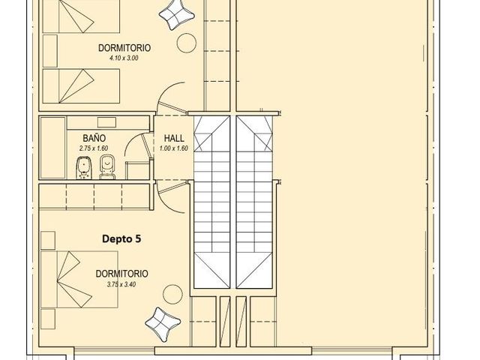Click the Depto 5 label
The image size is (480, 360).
coord(121,238)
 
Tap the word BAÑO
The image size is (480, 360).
coord(94,138)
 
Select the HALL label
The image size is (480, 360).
coord(174,138)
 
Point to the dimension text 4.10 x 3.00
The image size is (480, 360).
coord(124,58)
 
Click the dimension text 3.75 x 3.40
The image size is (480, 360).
coord(121,284)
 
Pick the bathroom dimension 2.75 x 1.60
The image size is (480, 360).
coord(94,148)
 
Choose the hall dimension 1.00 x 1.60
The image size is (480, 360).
coord(173,148)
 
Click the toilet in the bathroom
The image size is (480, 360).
coord(107,167)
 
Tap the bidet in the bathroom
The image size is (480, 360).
coord(83,168)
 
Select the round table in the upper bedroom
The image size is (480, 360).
coord(187,43)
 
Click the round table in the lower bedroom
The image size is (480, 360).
coord(172,295)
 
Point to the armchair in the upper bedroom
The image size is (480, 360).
coord(177,14)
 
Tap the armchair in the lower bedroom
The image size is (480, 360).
coord(163,325)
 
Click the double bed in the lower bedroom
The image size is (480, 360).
coord(79,280)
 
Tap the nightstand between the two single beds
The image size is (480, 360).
coord(50,51)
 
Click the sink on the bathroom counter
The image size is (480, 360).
coord(106,122)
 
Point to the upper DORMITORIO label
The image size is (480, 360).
coord(124,48)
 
